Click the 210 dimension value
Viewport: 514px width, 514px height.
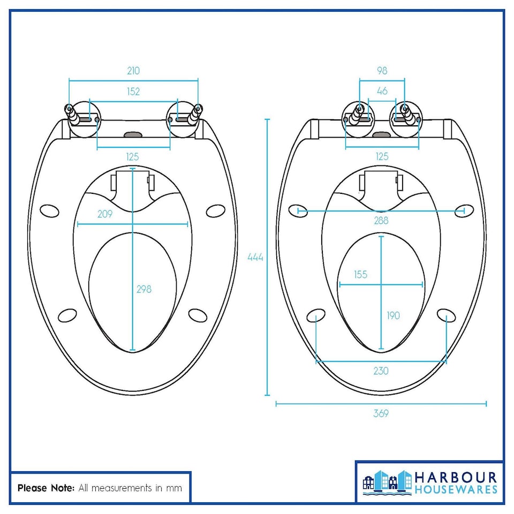pyautogui.click(x=133, y=71)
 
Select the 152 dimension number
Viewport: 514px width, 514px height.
pyautogui.click(x=133, y=92)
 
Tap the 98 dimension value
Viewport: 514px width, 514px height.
pyautogui.click(x=382, y=71)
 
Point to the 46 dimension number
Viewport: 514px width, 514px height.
pyautogui.click(x=382, y=91)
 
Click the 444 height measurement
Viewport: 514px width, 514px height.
pyautogui.click(x=255, y=257)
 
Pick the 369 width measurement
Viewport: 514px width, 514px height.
pyautogui.click(x=381, y=413)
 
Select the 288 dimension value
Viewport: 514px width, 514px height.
pyautogui.click(x=381, y=220)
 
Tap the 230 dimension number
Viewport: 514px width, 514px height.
pyautogui.click(x=381, y=371)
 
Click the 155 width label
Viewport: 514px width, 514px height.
pyautogui.click(x=360, y=274)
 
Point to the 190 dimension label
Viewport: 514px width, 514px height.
pyautogui.click(x=393, y=315)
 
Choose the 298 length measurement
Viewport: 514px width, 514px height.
pyautogui.click(x=144, y=289)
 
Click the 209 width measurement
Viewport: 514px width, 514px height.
pyautogui.click(x=105, y=214)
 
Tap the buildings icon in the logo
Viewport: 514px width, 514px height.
pyautogui.click(x=387, y=481)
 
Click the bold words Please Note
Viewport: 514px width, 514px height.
pyautogui.click(x=46, y=488)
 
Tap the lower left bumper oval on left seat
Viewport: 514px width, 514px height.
pyautogui.click(x=67, y=315)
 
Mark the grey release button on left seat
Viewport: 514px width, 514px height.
pyautogui.click(x=133, y=133)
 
